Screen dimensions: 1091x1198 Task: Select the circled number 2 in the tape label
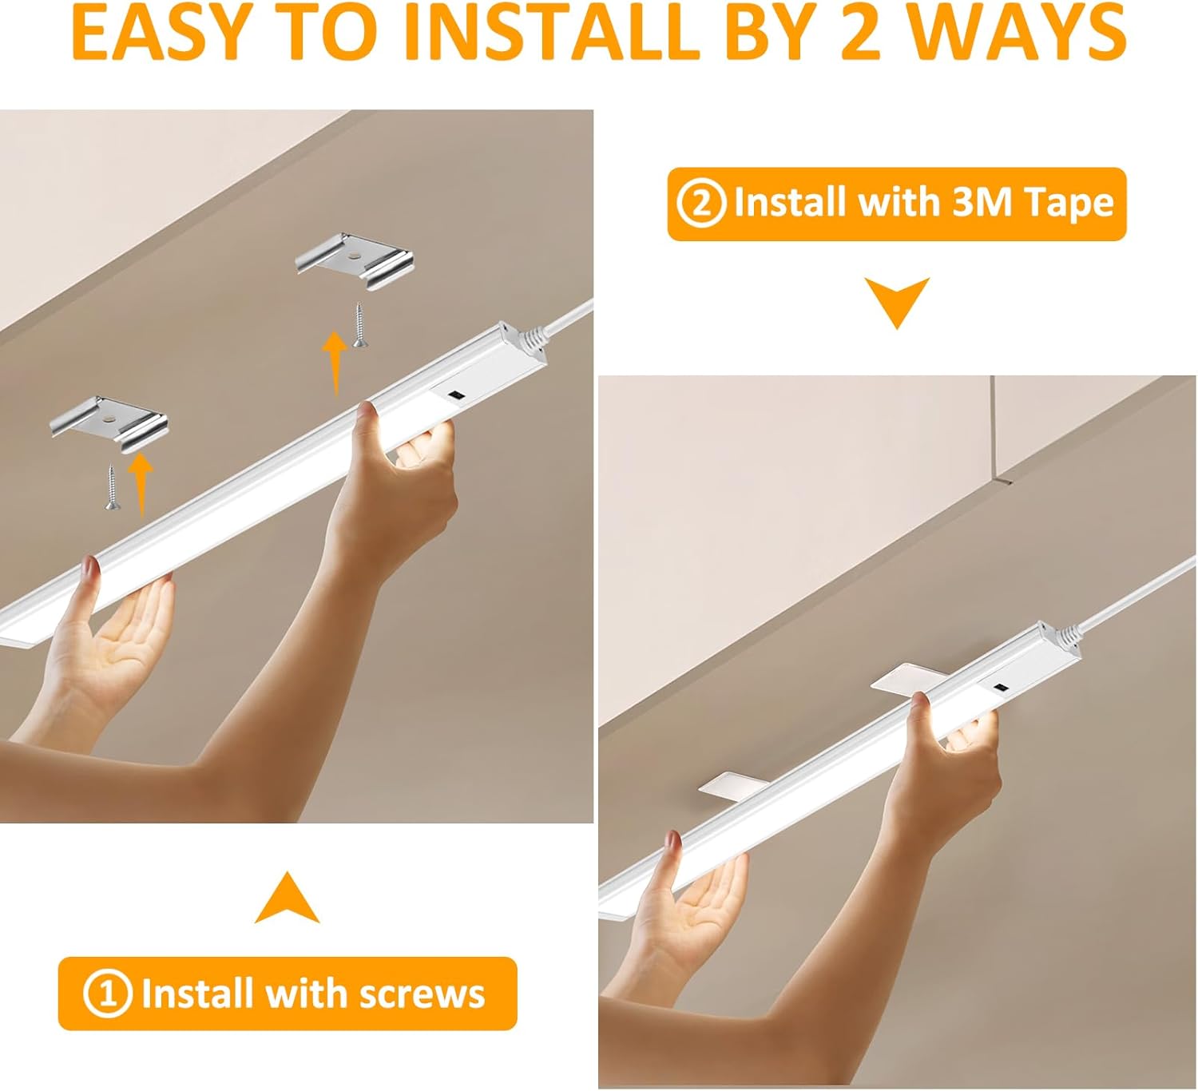click(700, 204)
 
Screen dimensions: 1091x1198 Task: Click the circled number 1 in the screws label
click(106, 994)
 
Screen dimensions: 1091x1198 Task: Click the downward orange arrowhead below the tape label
click(897, 303)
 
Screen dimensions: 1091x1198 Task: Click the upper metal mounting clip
click(354, 256)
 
